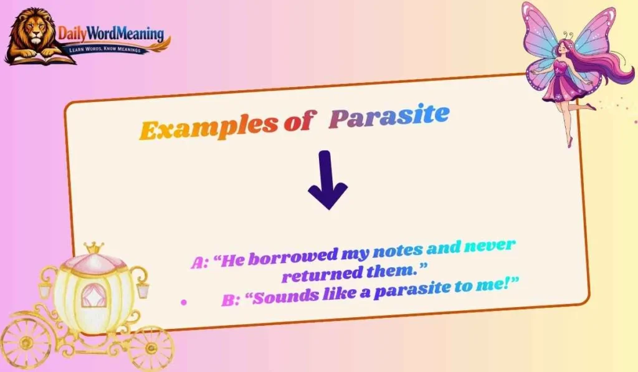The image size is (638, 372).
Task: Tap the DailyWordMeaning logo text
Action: coord(111,34)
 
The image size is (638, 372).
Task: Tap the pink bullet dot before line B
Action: coord(183,302)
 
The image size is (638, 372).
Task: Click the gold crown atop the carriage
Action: coord(94,247)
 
